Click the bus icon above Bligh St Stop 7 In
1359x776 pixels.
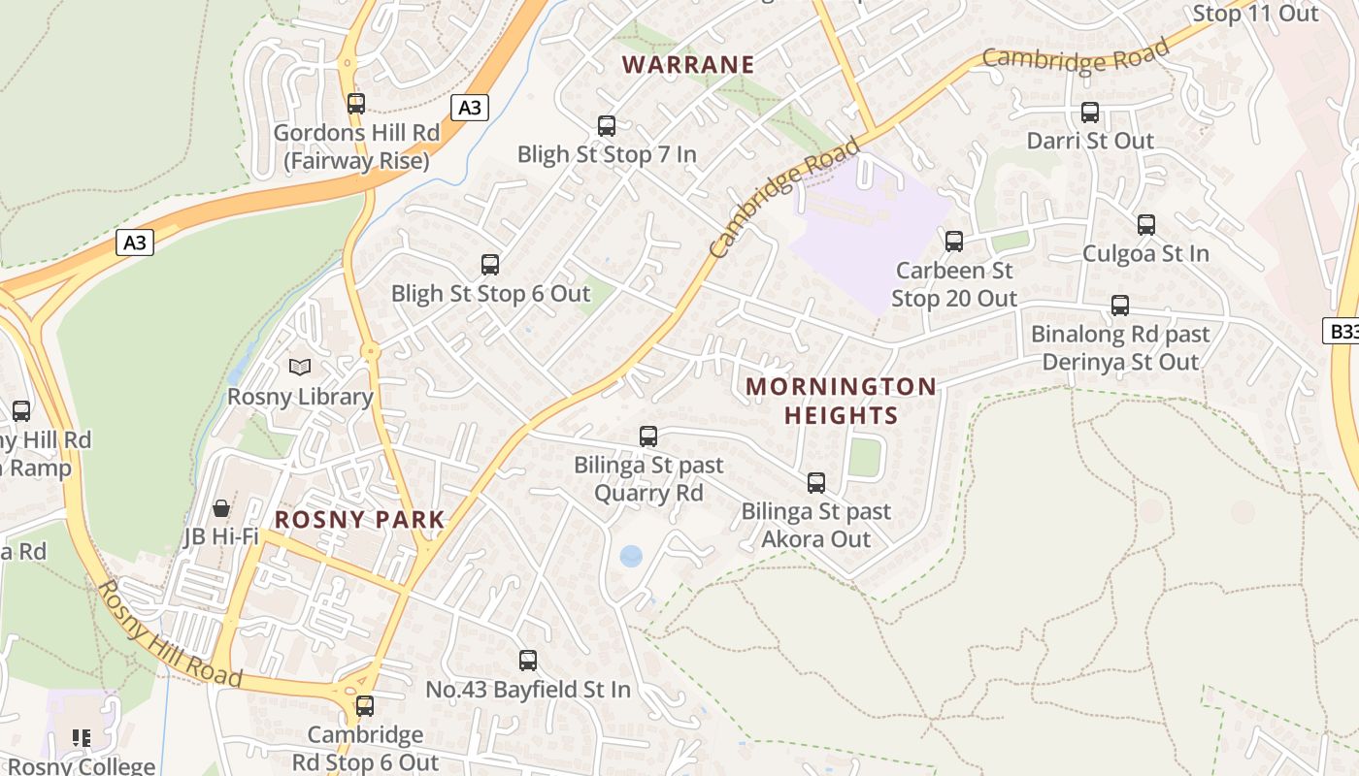click(x=607, y=126)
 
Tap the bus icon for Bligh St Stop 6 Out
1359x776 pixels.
click(x=490, y=265)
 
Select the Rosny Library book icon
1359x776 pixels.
click(x=300, y=368)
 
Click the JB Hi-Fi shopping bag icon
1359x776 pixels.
click(x=221, y=508)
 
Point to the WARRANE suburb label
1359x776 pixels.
click(x=688, y=65)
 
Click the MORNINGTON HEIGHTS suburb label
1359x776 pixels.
click(x=841, y=401)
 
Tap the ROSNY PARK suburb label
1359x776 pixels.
click(x=359, y=520)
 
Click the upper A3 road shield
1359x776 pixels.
click(x=469, y=108)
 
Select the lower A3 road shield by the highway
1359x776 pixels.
click(x=135, y=242)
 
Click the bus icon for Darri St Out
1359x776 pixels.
click(x=1090, y=113)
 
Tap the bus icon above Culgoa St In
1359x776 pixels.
click(x=1146, y=225)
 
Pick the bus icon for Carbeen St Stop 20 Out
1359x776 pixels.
click(x=954, y=242)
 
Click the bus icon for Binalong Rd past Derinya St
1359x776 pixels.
click(x=1120, y=306)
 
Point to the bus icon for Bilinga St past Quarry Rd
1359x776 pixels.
click(x=648, y=436)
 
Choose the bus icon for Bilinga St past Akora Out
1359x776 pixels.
click(x=816, y=482)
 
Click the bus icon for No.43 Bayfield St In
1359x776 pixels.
click(x=528, y=661)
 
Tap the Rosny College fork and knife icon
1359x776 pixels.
click(x=82, y=738)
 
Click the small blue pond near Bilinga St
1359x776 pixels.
click(x=631, y=556)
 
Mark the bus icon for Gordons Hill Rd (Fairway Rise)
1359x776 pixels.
click(x=356, y=104)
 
